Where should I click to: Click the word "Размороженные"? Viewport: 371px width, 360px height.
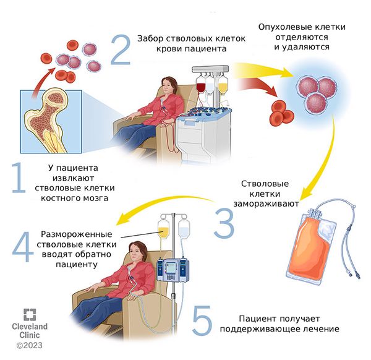point(76,235)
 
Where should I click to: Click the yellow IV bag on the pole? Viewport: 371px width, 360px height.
point(164,230)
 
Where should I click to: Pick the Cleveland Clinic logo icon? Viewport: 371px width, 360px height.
point(28,312)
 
